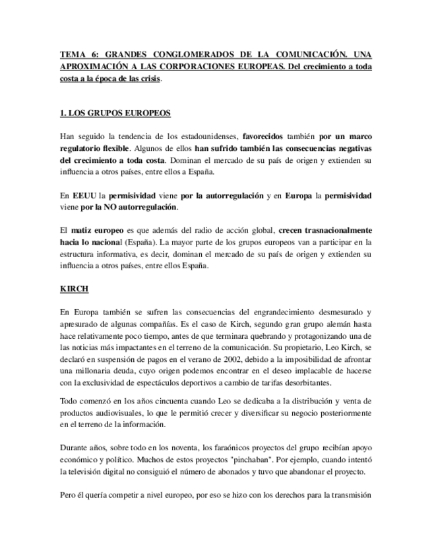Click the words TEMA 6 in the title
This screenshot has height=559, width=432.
coord(75,55)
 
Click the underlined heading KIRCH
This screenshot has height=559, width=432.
coord(73,289)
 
